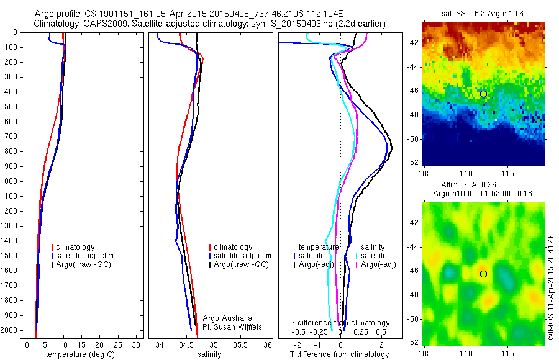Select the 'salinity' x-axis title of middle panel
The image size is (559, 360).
click(x=209, y=354)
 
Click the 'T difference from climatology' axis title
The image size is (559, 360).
click(x=339, y=354)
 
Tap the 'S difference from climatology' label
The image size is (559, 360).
click(x=340, y=323)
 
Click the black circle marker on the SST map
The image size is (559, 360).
click(x=483, y=94)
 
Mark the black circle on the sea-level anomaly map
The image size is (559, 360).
click(x=483, y=274)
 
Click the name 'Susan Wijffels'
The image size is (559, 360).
click(x=234, y=326)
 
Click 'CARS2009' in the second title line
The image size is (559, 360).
click(x=101, y=24)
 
